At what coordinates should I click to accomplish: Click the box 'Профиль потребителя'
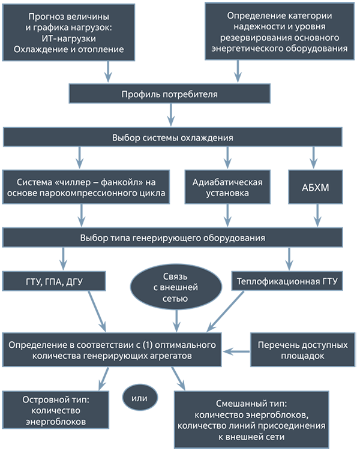(170, 94)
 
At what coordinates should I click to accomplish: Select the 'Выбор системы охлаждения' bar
(172, 137)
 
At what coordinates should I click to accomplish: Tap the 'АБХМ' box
(315, 187)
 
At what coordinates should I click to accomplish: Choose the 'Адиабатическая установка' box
(228, 187)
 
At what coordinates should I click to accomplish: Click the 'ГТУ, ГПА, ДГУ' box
(54, 281)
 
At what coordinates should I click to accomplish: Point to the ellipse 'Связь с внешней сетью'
(176, 287)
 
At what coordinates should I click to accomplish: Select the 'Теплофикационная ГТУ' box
(287, 281)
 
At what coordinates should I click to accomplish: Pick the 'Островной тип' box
(56, 410)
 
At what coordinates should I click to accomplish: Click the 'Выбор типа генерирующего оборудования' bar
(172, 237)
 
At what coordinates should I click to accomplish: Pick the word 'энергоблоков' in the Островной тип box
(56, 421)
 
